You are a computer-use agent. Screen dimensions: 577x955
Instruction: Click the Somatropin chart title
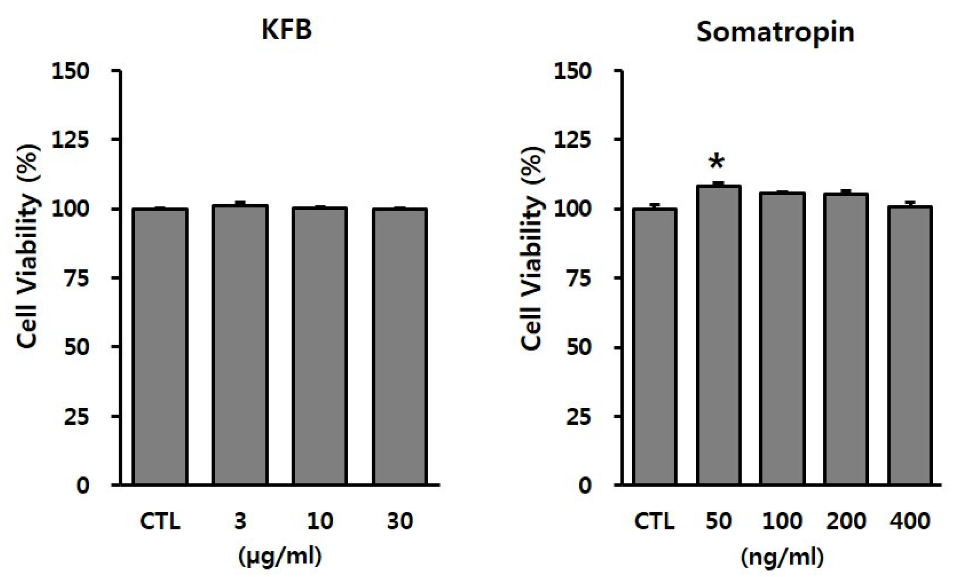coord(775,33)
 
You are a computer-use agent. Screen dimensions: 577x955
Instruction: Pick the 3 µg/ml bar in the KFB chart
coord(240,345)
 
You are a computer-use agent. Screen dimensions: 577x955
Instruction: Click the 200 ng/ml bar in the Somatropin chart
coord(846,339)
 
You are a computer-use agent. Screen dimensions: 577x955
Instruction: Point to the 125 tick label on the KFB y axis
coord(70,140)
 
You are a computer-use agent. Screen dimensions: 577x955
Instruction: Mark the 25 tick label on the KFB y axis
coord(76,416)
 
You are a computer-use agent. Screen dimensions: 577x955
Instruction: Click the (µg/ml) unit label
coord(280,556)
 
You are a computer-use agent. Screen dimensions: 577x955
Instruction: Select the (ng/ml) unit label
coord(782,556)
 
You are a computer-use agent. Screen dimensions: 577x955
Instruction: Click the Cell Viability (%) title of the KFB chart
coord(28,247)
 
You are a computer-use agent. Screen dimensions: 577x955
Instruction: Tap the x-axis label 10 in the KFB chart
coord(319,521)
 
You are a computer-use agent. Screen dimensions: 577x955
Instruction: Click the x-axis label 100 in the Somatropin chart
coord(782,521)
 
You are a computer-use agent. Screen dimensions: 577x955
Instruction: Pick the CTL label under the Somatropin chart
coord(654,521)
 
